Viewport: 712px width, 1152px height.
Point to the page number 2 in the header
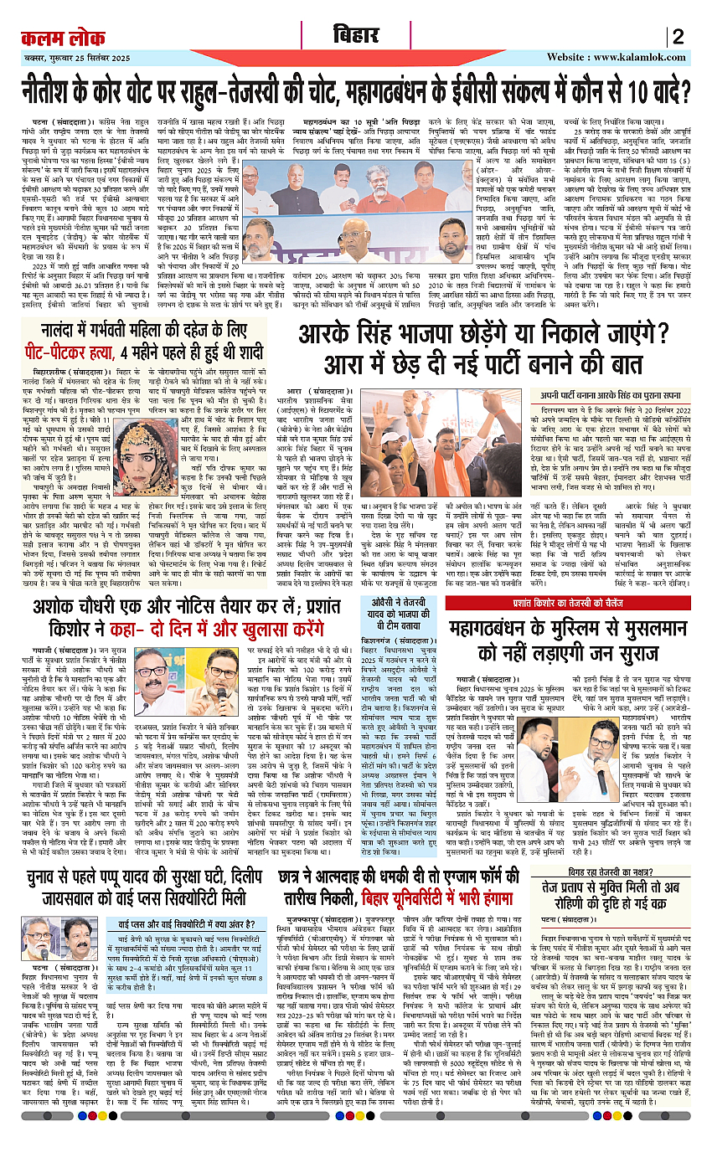(x=678, y=37)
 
